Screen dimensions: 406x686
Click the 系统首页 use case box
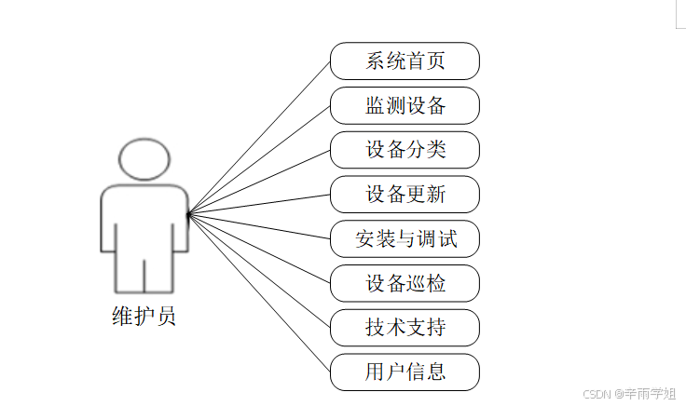pyautogui.click(x=405, y=61)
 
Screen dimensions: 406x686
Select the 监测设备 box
pyautogui.click(x=405, y=105)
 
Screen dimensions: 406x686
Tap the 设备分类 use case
pyautogui.click(x=405, y=150)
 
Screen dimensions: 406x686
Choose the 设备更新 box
pyautogui.click(x=405, y=195)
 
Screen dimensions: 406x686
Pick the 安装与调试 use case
pyautogui.click(x=405, y=239)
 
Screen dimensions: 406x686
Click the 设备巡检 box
pyautogui.click(x=405, y=283)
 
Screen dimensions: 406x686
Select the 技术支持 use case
pyautogui.click(x=405, y=328)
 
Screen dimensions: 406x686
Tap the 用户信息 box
pyautogui.click(x=405, y=372)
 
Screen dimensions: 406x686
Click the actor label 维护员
pyautogui.click(x=144, y=317)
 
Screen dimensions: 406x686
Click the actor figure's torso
pyautogui.click(x=144, y=219)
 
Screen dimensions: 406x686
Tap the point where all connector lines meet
pyautogui.click(x=188, y=215)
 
